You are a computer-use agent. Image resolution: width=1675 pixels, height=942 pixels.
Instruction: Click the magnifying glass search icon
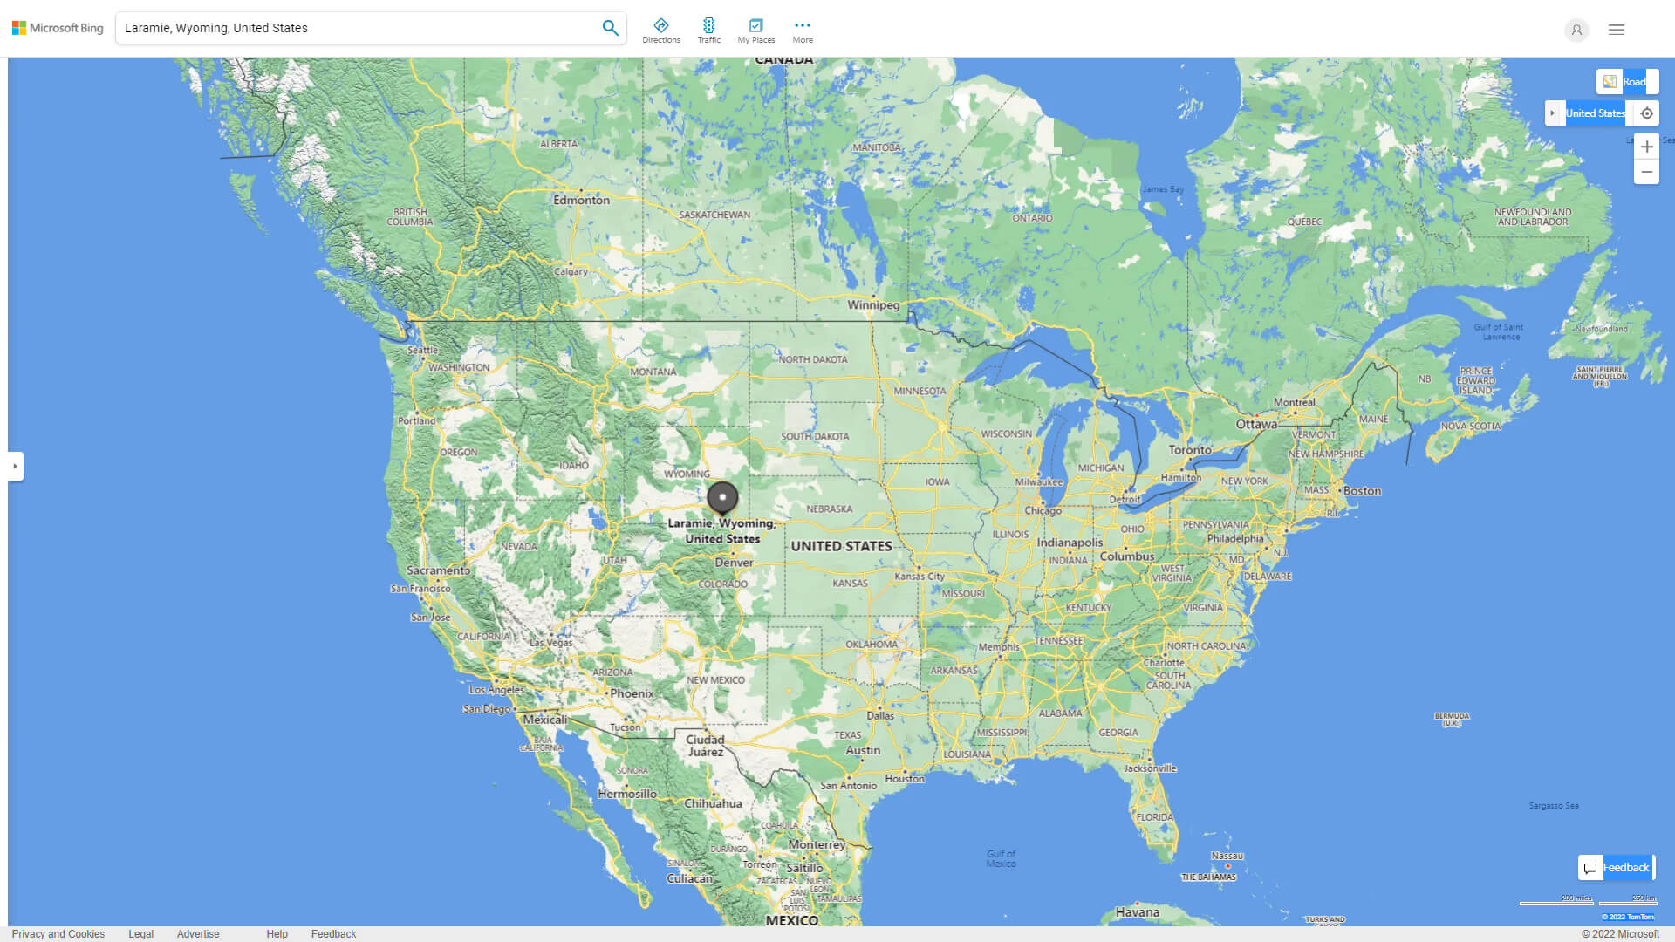point(610,28)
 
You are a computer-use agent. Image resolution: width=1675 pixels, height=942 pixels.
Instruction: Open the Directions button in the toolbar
point(660,31)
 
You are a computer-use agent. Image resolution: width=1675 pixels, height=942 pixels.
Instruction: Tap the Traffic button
point(708,31)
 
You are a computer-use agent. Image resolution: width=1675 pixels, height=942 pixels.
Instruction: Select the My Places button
point(755,31)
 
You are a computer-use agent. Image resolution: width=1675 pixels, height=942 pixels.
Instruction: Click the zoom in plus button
point(1646,147)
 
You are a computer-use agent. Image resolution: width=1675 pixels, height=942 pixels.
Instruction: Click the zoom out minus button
point(1646,172)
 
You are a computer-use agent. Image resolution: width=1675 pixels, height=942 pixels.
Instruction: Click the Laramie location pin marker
point(722,498)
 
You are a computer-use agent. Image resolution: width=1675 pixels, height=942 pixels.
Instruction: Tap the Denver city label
point(734,563)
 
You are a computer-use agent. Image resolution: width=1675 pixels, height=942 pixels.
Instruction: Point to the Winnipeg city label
point(873,305)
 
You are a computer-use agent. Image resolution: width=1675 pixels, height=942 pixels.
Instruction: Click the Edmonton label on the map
point(581,200)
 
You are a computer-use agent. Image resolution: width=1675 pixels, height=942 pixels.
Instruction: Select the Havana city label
point(1138,912)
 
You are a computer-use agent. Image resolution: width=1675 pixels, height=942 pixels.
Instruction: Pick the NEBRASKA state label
point(829,509)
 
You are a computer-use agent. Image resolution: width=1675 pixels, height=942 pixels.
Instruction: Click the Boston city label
point(1362,491)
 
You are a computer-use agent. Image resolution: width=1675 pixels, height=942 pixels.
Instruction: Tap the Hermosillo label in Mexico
point(627,794)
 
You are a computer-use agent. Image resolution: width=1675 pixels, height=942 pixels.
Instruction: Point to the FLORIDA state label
point(1154,817)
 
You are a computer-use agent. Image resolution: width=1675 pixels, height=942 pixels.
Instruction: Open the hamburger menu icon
point(1617,30)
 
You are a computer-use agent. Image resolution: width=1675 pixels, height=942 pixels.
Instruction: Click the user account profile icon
point(1576,30)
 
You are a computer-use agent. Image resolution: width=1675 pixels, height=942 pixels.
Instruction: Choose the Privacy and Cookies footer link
point(58,934)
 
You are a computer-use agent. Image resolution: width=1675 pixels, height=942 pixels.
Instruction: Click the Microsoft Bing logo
point(58,28)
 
